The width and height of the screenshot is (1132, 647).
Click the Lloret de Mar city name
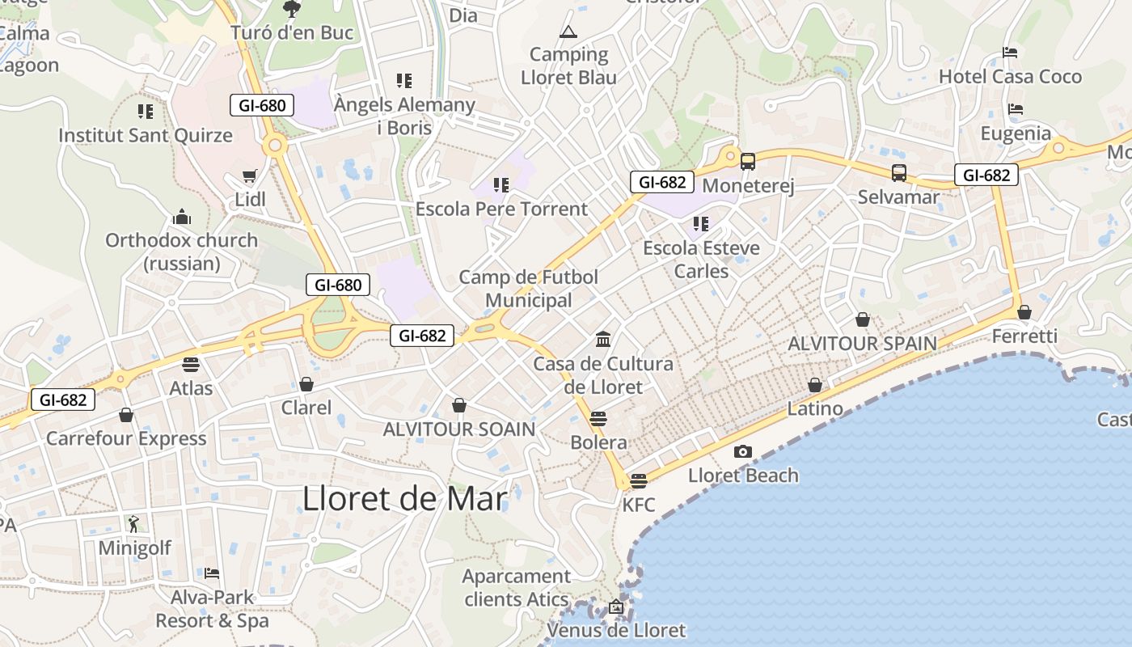click(404, 498)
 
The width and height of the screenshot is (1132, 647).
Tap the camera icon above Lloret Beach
click(742, 451)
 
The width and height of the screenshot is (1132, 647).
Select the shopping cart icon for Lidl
click(250, 176)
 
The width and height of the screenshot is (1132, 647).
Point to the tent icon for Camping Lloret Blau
click(568, 32)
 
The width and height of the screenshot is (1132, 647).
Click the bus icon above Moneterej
click(748, 162)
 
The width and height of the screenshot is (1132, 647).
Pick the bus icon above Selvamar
click(899, 172)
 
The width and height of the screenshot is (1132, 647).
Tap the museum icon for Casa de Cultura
click(602, 339)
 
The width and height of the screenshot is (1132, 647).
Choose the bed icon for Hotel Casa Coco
click(1009, 53)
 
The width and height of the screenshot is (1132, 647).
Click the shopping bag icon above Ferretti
click(1024, 312)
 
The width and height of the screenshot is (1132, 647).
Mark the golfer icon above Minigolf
click(133, 524)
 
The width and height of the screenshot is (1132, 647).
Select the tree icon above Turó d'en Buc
click(291, 9)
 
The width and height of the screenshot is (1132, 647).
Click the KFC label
click(638, 505)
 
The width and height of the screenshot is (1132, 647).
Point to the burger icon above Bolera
click(598, 419)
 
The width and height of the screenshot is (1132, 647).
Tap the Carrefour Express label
click(126, 438)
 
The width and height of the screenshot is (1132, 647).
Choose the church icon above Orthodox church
click(182, 217)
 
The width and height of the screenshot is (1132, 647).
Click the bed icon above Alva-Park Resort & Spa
click(212, 573)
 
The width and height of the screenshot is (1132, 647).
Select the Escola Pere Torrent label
click(501, 209)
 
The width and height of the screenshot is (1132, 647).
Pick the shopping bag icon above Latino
click(815, 385)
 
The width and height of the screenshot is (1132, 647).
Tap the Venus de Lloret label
click(616, 630)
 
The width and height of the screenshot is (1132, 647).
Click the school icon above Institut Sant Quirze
click(146, 112)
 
